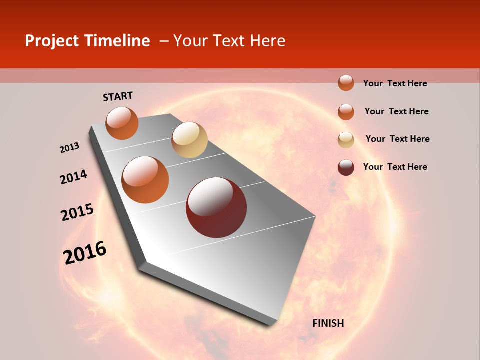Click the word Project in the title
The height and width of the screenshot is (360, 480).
coord(52,41)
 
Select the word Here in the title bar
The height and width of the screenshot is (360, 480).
coord(267,41)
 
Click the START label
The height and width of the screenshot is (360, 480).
coord(118,96)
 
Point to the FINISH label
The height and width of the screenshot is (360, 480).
coord(328,323)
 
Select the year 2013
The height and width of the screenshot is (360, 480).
coord(69,148)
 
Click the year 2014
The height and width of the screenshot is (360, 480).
coord(73,177)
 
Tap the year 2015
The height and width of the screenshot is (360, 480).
coord(77,212)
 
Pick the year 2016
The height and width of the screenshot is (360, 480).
coord(85,253)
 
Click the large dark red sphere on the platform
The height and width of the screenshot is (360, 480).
coord(216,207)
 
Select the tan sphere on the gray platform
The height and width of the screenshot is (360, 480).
coord(189,140)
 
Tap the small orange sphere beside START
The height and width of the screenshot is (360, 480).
coord(122,123)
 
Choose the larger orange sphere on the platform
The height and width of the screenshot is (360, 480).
coord(145,179)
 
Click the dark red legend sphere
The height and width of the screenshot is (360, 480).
coord(346,167)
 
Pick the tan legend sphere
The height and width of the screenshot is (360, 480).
coord(346,140)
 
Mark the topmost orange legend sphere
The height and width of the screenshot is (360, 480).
coord(346,83)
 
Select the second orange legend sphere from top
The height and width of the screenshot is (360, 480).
coord(346,112)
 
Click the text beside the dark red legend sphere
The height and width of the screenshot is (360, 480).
coord(395,167)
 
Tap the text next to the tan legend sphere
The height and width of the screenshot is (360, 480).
coord(397,139)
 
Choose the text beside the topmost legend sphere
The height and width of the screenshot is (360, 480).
coord(395,83)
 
